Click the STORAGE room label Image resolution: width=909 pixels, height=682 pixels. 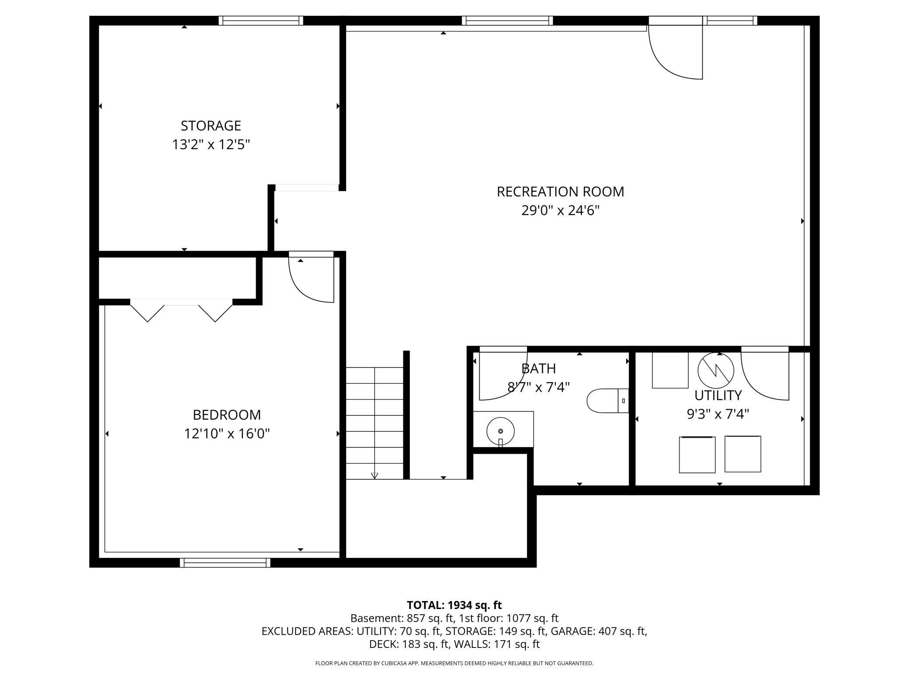point(211,126)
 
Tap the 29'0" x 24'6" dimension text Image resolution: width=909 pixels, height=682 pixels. point(560,211)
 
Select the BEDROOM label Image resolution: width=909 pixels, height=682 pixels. point(227,414)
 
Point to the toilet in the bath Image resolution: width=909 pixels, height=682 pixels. point(607,400)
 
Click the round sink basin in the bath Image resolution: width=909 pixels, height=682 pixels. point(500,431)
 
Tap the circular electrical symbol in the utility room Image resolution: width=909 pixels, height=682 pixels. point(716,370)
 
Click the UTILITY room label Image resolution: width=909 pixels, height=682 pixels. point(718,395)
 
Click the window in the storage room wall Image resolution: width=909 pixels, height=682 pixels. point(261,21)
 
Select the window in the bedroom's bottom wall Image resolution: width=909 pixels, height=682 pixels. point(225,563)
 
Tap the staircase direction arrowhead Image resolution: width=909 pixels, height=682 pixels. point(375,476)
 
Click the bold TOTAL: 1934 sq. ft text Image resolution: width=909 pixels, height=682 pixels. point(454,605)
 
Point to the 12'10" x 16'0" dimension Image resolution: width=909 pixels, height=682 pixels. point(227,434)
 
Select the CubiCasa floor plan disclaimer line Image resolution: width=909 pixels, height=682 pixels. point(454,663)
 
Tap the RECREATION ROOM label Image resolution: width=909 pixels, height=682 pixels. point(560,191)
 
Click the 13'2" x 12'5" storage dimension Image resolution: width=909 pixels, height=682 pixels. point(211,145)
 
